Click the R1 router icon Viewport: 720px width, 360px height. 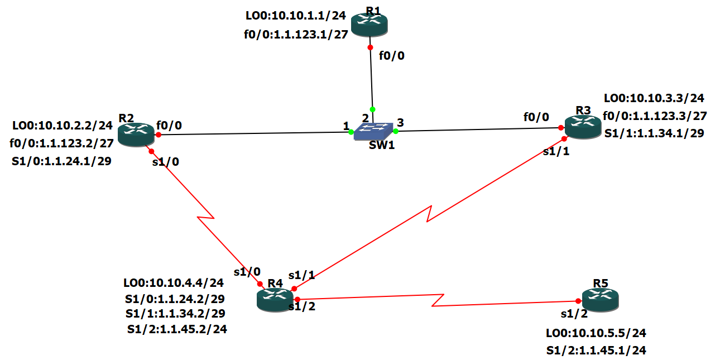(x=369, y=23)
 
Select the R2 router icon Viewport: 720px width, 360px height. (x=136, y=135)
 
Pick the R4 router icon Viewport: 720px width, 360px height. (x=275, y=299)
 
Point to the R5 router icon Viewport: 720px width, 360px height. (x=601, y=299)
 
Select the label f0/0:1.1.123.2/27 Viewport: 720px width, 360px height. (x=61, y=143)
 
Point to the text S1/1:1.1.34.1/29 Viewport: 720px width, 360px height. (x=654, y=133)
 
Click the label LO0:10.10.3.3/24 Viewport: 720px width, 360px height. (x=654, y=98)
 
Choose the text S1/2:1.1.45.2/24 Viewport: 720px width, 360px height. (x=176, y=329)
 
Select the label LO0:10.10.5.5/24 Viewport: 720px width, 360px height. (x=596, y=333)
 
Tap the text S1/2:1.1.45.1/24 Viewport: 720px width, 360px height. (x=596, y=351)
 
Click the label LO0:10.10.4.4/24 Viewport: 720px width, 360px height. (x=173, y=283)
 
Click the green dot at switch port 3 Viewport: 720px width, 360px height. (x=395, y=131)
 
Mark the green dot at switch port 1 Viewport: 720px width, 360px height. (x=351, y=132)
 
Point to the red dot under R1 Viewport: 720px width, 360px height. (x=370, y=47)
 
